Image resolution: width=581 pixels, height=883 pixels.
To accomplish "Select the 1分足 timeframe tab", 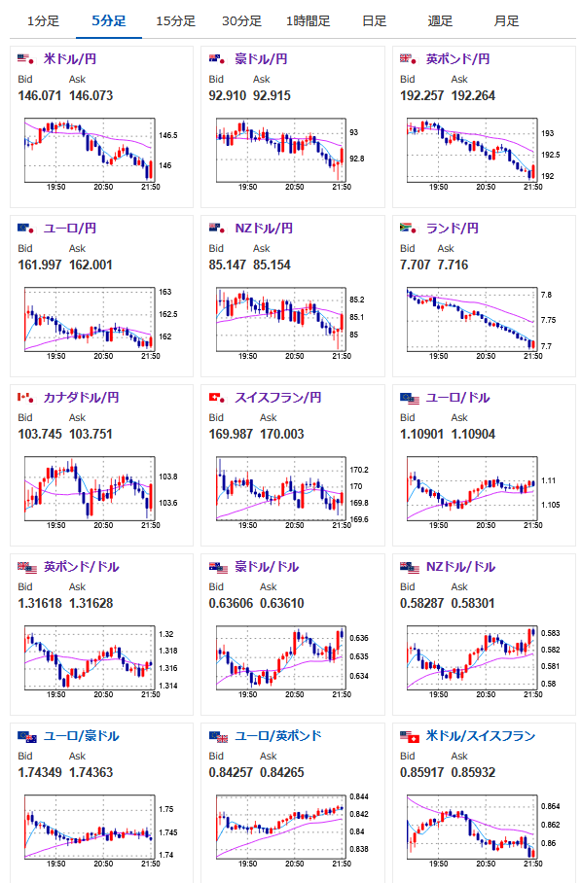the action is click(43, 21).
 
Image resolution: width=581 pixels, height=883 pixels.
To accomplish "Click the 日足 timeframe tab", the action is click(374, 21).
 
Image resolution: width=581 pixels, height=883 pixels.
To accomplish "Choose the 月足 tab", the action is click(506, 21).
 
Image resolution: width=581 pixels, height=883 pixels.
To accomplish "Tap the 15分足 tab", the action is click(175, 21).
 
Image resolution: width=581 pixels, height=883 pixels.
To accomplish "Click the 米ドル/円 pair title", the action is click(70, 58).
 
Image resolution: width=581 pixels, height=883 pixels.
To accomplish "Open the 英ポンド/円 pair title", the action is click(457, 58).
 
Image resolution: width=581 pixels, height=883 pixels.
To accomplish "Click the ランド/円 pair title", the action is click(452, 229).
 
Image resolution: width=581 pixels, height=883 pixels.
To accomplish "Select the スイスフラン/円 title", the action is click(277, 398).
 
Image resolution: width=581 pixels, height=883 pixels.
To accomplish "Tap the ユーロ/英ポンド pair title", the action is click(277, 736).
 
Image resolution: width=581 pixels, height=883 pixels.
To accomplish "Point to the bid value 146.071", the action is click(40, 95).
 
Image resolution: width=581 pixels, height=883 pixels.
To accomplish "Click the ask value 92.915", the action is click(272, 95).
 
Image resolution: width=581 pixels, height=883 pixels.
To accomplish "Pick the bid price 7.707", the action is click(415, 265).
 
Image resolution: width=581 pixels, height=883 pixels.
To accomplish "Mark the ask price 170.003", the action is click(282, 434).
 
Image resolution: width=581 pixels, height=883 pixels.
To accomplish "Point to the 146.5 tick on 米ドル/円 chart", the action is click(168, 136).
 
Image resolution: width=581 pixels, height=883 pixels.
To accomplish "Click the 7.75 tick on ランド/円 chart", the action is click(547, 320).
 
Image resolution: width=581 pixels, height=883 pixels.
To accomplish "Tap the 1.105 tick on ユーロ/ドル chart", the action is click(551, 505).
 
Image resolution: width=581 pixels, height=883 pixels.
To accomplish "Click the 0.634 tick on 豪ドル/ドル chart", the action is click(359, 676).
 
